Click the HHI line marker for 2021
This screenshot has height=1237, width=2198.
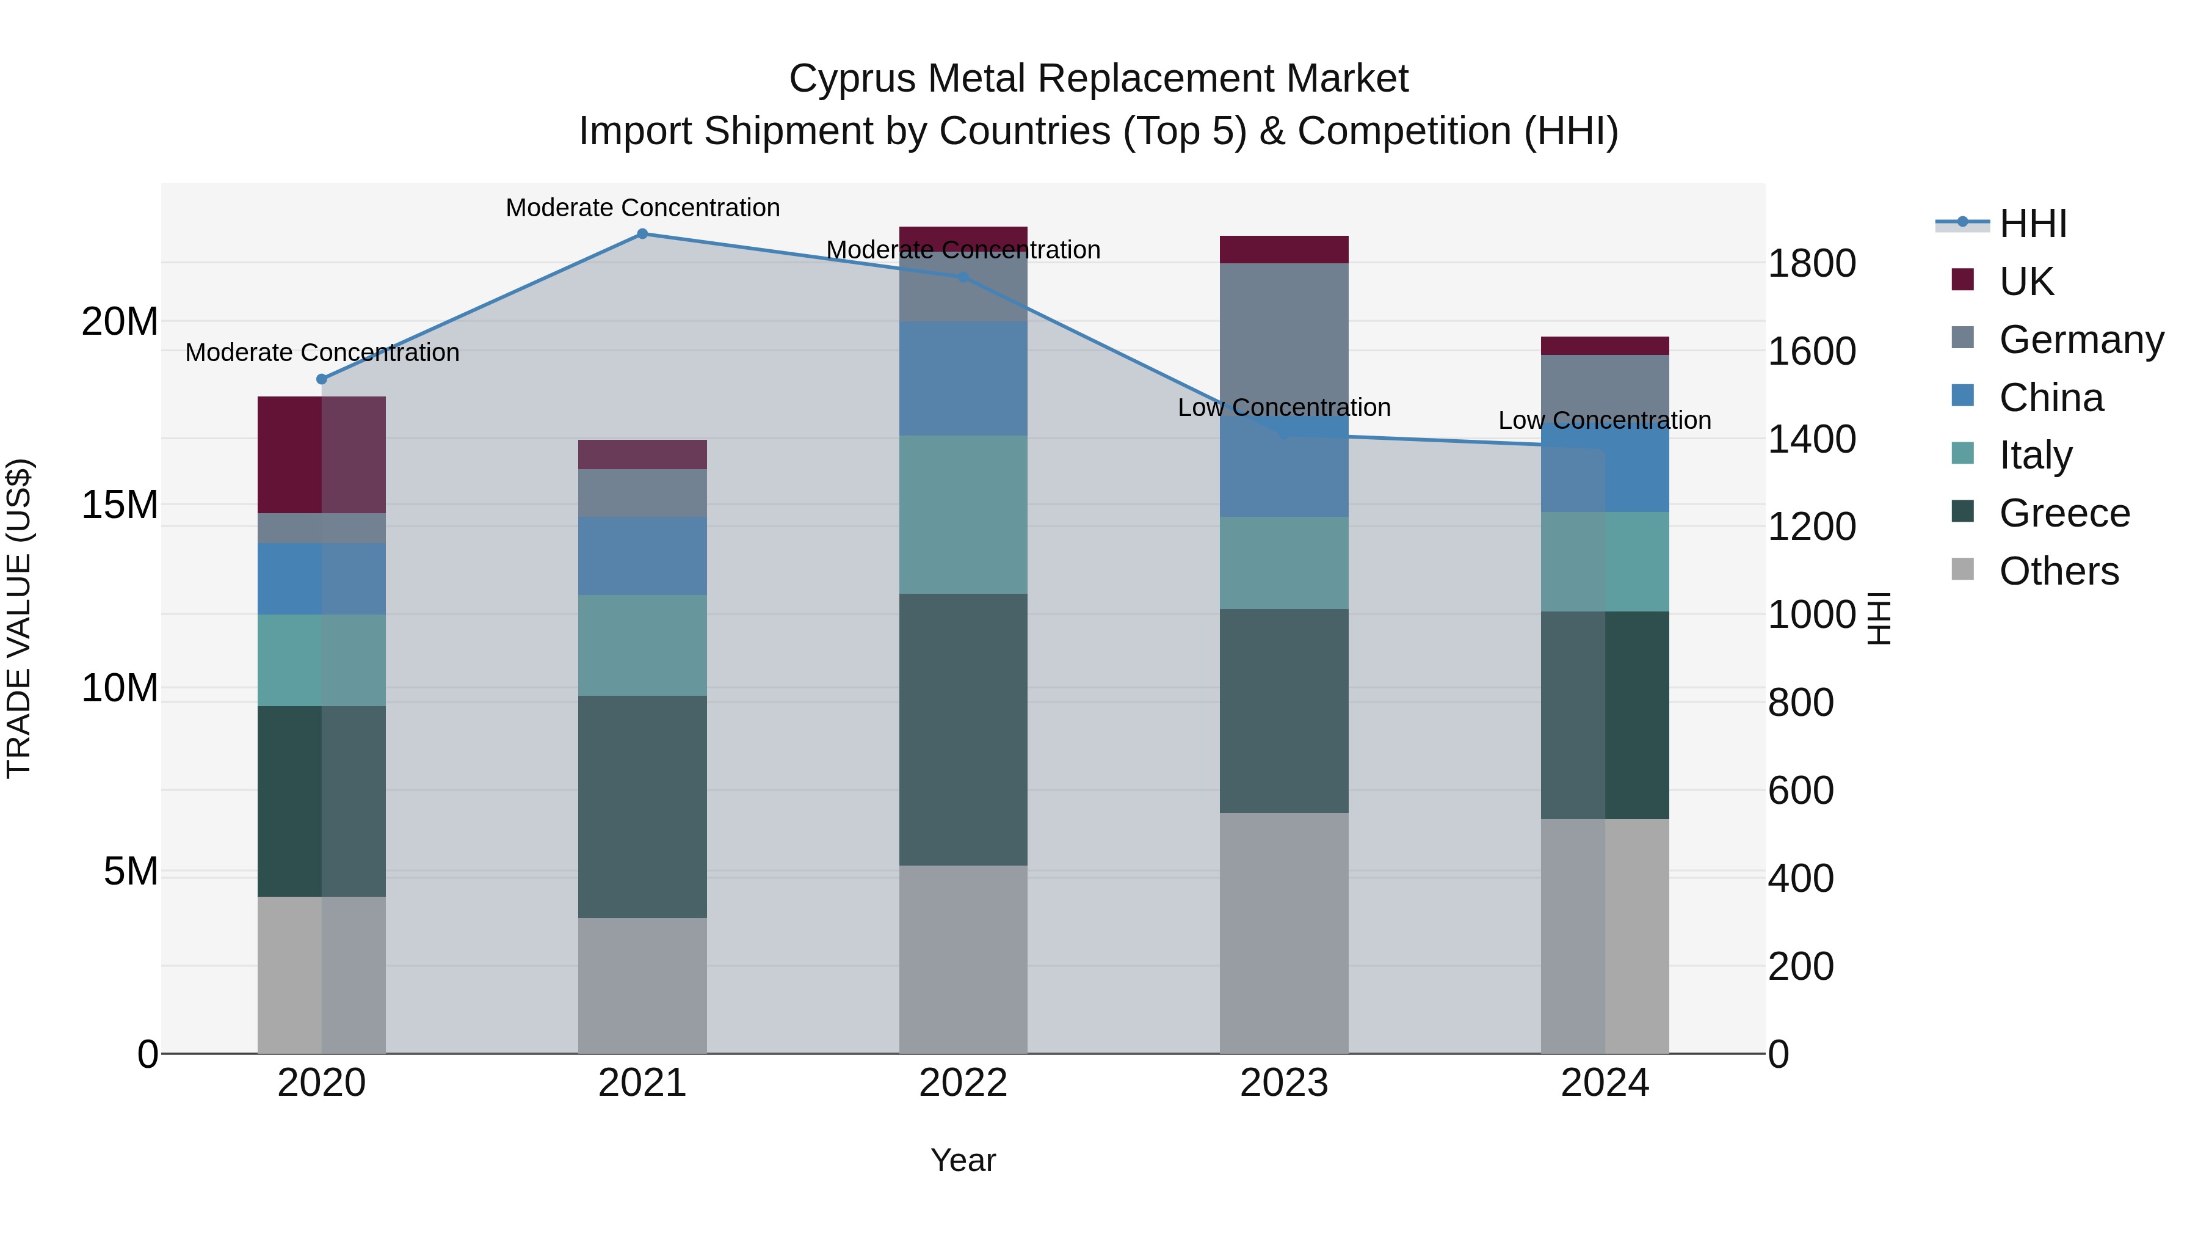pos(642,234)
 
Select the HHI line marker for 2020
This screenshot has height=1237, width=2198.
pos(322,379)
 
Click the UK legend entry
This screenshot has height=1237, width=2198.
pos(2026,282)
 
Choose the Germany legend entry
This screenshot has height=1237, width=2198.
pos(2081,340)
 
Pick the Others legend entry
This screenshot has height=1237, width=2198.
pos(2058,571)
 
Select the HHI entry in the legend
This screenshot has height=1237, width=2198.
pos(2033,224)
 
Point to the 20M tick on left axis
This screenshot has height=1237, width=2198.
pos(120,322)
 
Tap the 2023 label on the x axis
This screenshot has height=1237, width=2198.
pos(1283,1083)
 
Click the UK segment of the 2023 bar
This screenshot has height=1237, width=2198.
pos(1283,249)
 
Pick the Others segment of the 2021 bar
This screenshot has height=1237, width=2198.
pos(642,985)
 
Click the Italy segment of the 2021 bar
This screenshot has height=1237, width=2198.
pos(642,646)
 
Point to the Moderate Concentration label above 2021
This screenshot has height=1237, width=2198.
pos(642,208)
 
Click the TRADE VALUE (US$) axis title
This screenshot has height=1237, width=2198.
pos(19,618)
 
